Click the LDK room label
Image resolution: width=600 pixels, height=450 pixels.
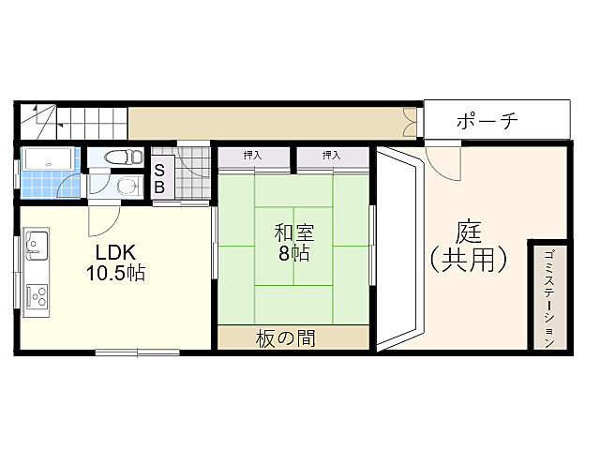(x=117, y=252)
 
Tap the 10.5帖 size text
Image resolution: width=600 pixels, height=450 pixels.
(x=117, y=274)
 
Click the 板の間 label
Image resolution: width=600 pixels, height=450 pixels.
(x=285, y=338)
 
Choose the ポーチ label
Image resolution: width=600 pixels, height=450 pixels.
(x=487, y=121)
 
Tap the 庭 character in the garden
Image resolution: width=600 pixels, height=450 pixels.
(x=469, y=232)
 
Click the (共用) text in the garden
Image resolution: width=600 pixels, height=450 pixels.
(x=469, y=260)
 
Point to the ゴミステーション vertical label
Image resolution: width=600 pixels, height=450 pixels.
(x=549, y=297)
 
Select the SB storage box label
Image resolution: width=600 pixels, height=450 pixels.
(x=159, y=178)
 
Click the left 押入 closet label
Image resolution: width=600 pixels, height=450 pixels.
(x=252, y=155)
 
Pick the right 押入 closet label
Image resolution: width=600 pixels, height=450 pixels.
(x=331, y=155)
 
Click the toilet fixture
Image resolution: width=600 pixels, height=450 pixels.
(x=121, y=157)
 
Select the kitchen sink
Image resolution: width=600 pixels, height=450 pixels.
(x=37, y=248)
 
